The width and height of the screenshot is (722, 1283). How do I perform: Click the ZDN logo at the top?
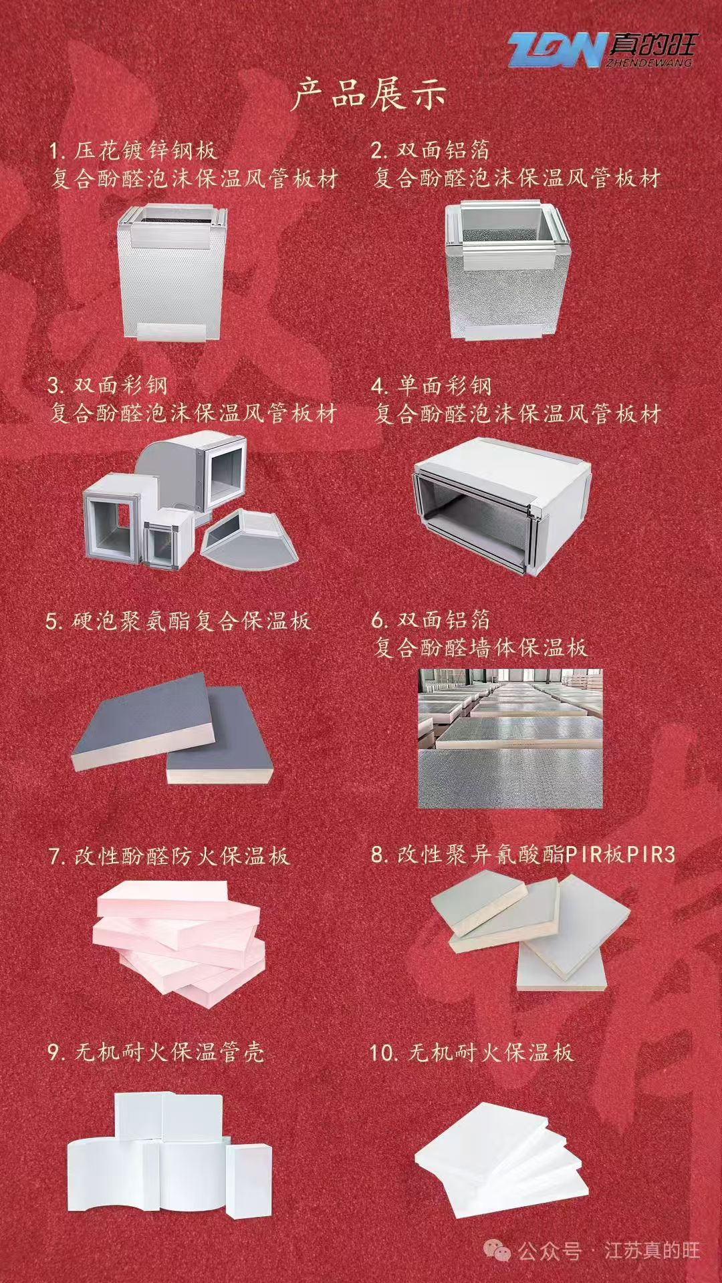[x=600, y=50]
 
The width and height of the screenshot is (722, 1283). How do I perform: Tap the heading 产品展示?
[x=368, y=94]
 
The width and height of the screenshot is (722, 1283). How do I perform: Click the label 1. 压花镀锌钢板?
[x=134, y=150]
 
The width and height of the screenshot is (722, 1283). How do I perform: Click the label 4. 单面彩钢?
[x=432, y=386]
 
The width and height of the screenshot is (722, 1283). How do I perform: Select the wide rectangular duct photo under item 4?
[x=502, y=501]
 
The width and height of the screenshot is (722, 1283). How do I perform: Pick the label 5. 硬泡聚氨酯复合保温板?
[x=178, y=621]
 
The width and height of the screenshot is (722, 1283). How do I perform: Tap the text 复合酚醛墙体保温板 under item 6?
[x=480, y=648]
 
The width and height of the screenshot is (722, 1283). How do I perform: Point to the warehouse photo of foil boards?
[x=510, y=738]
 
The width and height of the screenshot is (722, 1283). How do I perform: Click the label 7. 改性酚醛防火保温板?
[x=169, y=856]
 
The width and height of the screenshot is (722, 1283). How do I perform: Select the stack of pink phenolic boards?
[x=181, y=945]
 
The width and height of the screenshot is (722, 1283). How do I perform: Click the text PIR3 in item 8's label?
[x=651, y=855]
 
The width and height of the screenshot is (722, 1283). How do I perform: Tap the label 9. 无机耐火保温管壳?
[x=156, y=1052]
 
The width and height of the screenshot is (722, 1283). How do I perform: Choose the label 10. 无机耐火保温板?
[x=471, y=1053]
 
